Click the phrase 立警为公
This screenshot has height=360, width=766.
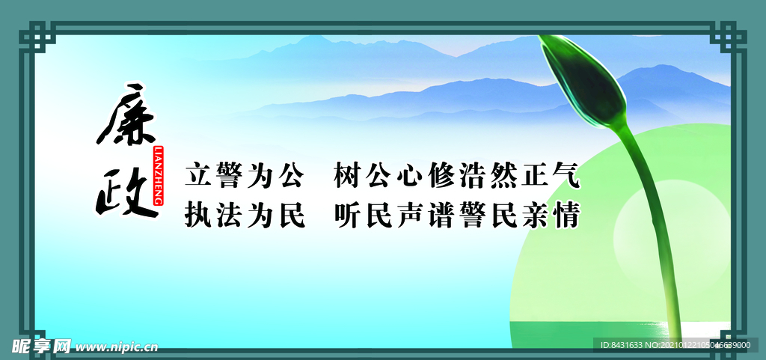[x=245, y=176]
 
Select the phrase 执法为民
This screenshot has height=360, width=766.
[x=245, y=216]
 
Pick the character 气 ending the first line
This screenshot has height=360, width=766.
[x=566, y=176]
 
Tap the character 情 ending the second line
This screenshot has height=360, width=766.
[x=566, y=216]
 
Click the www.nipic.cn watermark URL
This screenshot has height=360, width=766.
[x=117, y=347]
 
